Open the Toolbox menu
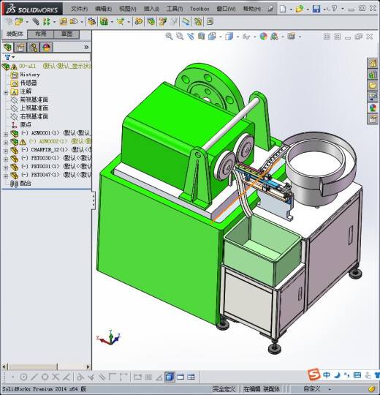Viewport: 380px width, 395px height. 199,9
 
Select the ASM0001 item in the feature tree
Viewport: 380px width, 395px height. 45,133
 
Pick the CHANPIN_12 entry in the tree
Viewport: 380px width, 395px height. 48,150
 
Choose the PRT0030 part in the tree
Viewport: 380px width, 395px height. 46,158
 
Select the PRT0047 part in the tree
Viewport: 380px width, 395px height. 46,175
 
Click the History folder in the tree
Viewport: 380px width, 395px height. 29,75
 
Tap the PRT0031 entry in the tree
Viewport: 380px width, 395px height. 46,167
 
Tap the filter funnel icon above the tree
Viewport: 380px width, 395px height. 7,56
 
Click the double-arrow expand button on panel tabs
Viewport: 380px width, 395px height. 86,47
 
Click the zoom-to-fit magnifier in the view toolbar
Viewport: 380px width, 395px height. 170,36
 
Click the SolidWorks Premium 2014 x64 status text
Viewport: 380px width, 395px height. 44,389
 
